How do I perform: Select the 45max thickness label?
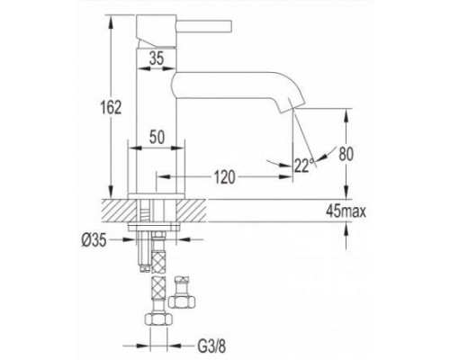pyautogui.click(x=370, y=212)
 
